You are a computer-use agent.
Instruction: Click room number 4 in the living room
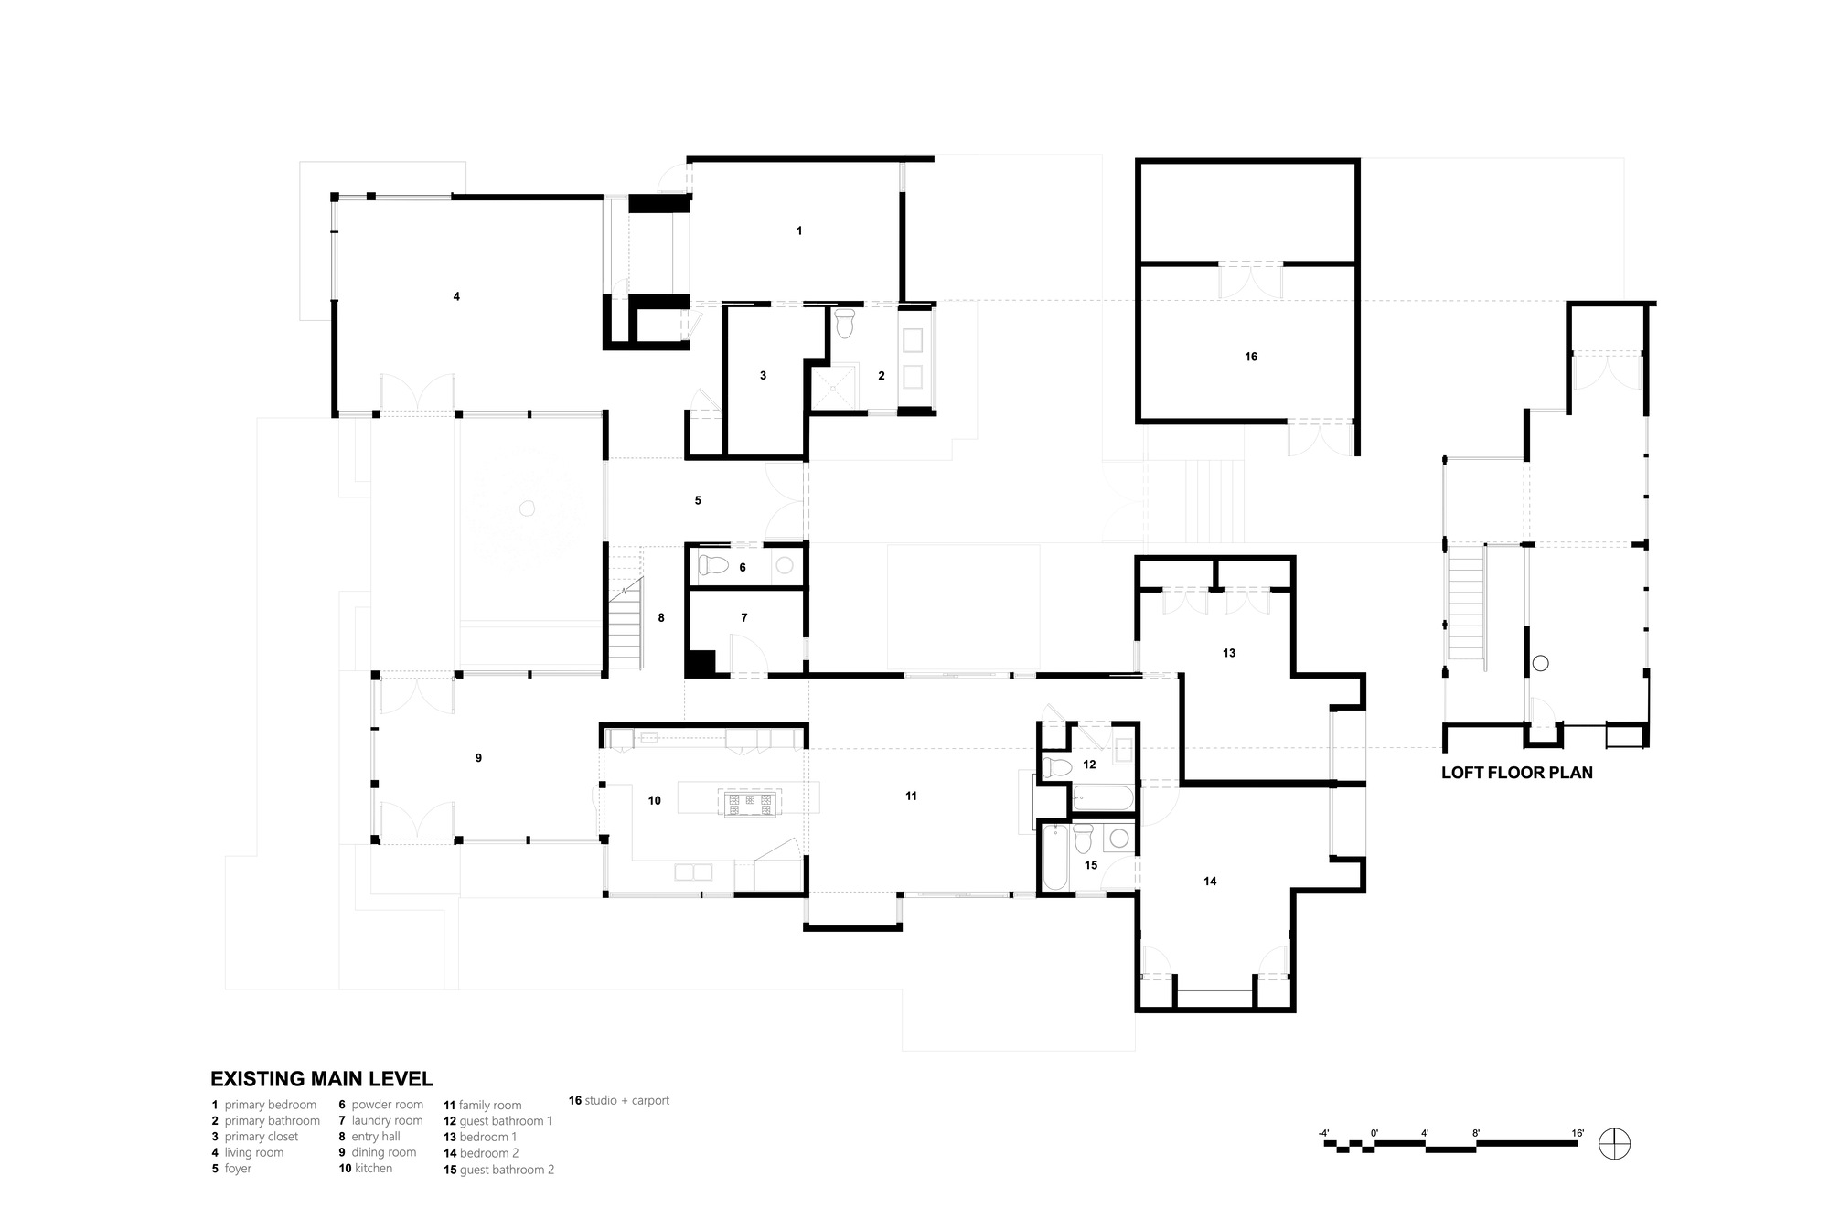coord(456,296)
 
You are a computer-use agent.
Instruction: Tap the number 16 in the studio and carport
coord(1251,357)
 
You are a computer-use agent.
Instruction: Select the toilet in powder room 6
coord(712,566)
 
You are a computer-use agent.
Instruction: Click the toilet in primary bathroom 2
coord(844,323)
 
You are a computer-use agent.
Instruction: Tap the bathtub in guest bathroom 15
coord(1054,857)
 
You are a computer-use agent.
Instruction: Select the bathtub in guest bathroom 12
coord(1101,797)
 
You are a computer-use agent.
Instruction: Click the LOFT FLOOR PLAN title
coord(1516,773)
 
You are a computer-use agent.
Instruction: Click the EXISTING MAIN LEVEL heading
coord(322,1079)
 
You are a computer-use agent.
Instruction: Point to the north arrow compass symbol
coord(1614,1144)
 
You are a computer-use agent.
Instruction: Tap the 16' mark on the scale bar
coord(1578,1133)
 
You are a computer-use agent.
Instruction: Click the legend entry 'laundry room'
coord(387,1120)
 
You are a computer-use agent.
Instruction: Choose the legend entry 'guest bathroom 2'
coord(507,1170)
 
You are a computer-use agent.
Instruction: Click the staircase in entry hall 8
coord(626,626)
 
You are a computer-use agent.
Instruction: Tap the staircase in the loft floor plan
coord(1465,601)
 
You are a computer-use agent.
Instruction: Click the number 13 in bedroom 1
coord(1229,653)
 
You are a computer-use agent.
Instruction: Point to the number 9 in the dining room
coord(478,758)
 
